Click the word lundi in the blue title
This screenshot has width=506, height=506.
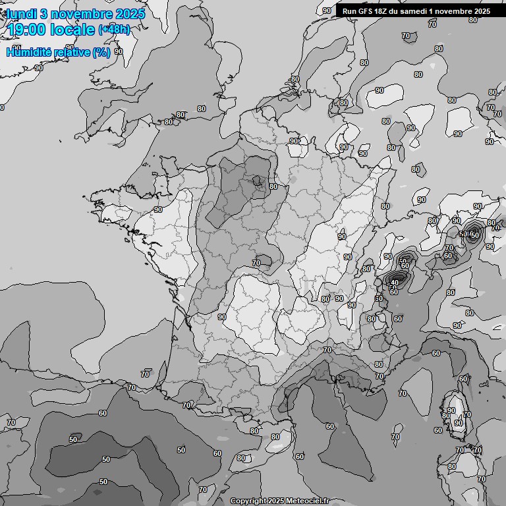[x=21, y=14]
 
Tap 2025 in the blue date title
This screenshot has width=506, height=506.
[x=130, y=14]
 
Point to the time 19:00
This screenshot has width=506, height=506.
[x=27, y=30]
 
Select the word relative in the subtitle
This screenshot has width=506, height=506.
[x=72, y=52]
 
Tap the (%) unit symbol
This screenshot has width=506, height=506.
[x=101, y=52]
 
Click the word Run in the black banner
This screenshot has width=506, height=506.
[x=349, y=11]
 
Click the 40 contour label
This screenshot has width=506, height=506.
[x=395, y=283]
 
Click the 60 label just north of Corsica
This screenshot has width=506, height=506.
[x=463, y=379]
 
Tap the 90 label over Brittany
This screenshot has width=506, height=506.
[x=158, y=210]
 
